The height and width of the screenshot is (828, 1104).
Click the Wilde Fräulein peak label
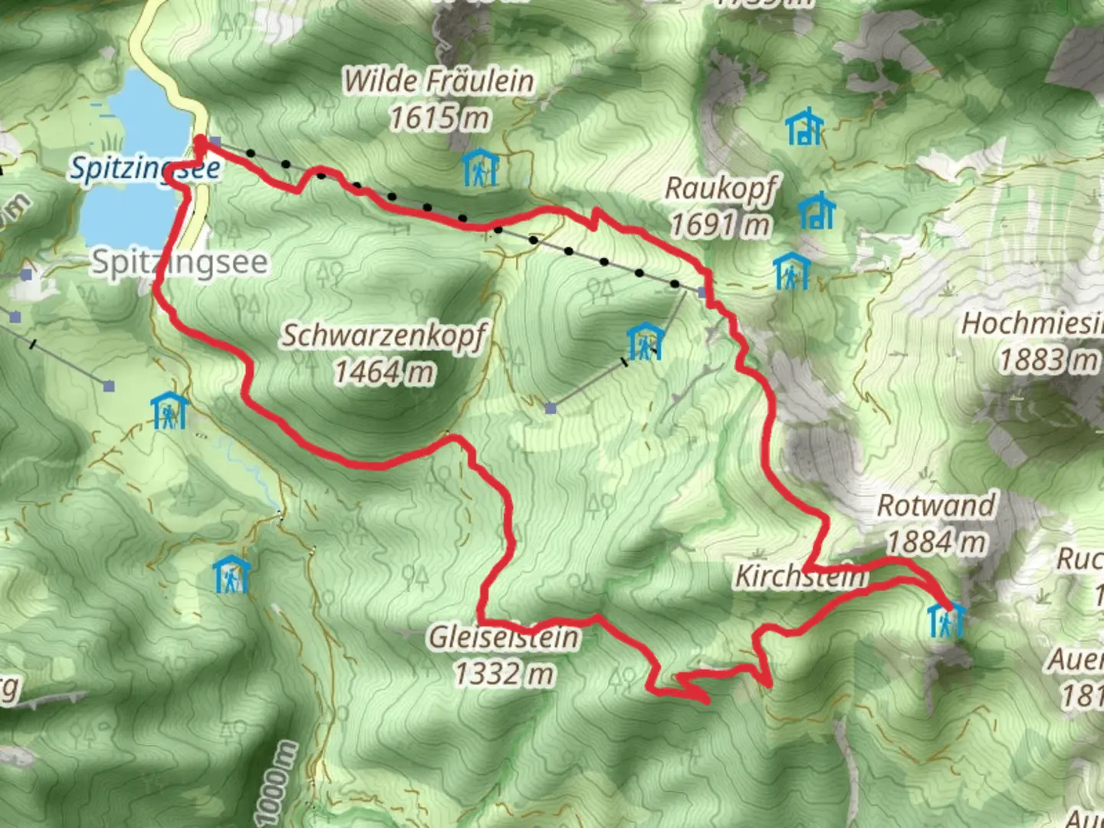click(x=438, y=81)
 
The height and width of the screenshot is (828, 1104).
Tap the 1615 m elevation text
click(x=439, y=118)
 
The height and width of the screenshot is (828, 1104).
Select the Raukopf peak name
click(x=721, y=187)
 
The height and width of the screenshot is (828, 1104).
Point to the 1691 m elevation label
click(x=720, y=225)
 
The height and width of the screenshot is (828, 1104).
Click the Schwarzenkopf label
click(x=384, y=336)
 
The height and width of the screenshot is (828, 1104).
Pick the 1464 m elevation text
click(x=384, y=373)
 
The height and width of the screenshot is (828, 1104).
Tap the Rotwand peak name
click(x=936, y=505)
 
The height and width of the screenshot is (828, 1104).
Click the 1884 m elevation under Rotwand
click(x=936, y=542)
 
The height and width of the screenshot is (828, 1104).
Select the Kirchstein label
click(x=801, y=577)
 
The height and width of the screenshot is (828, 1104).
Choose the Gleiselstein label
click(x=504, y=637)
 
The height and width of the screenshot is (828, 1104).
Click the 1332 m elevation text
click(x=504, y=674)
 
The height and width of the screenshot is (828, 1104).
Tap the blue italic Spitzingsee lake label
click(x=145, y=168)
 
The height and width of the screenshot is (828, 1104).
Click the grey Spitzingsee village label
click(x=180, y=263)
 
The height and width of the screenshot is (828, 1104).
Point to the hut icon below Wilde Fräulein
click(x=481, y=168)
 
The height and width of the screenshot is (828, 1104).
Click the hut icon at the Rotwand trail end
click(x=946, y=619)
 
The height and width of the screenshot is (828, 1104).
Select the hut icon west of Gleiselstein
click(x=232, y=574)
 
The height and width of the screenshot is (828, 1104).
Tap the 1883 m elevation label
click(x=1048, y=360)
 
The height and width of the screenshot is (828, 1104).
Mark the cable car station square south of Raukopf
click(x=701, y=291)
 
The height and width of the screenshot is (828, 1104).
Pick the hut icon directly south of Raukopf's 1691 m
click(x=791, y=271)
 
